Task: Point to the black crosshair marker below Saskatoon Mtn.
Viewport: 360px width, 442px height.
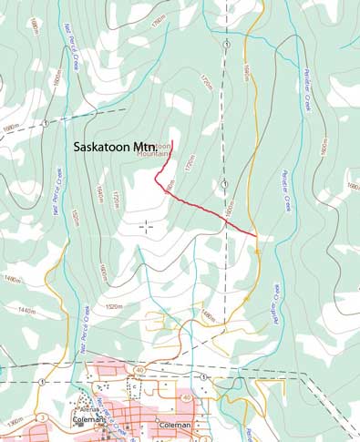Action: click(146, 224)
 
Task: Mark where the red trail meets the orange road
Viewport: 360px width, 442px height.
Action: click(256, 237)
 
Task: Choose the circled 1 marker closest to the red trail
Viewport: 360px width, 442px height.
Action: click(225, 184)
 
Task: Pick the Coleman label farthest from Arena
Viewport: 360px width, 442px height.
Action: click(172, 426)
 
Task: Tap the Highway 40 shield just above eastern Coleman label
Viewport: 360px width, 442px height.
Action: click(187, 398)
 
